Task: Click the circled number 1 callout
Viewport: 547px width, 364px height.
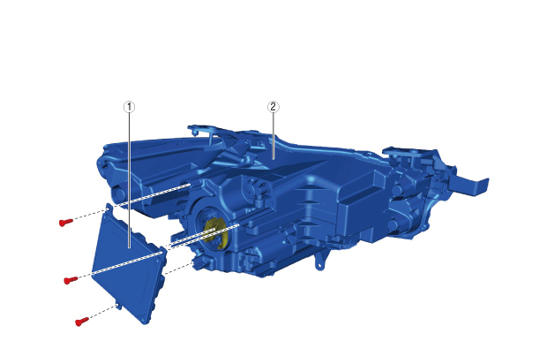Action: (x=129, y=107)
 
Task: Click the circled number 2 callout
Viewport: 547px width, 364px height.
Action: (x=273, y=107)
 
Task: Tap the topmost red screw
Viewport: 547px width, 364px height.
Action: (x=65, y=222)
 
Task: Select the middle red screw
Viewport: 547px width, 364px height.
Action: (x=71, y=279)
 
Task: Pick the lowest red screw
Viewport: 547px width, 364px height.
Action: (x=82, y=321)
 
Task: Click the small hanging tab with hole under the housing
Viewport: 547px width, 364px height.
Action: (x=318, y=261)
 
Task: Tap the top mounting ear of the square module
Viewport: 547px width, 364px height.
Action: (x=109, y=209)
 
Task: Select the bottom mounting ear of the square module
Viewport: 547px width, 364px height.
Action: (x=119, y=305)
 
